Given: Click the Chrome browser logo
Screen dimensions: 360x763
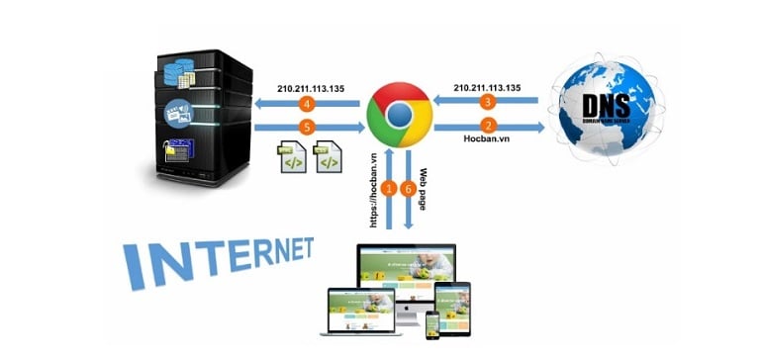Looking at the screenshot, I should point(398,117).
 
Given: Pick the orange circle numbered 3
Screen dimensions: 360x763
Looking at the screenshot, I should point(487,103).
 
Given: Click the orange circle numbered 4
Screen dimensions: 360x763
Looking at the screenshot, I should point(308,103).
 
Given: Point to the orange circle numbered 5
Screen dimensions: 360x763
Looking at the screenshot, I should point(308,128).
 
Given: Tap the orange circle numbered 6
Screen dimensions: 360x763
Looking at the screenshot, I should point(407,188).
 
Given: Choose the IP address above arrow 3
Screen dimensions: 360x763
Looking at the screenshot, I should point(487,86).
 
